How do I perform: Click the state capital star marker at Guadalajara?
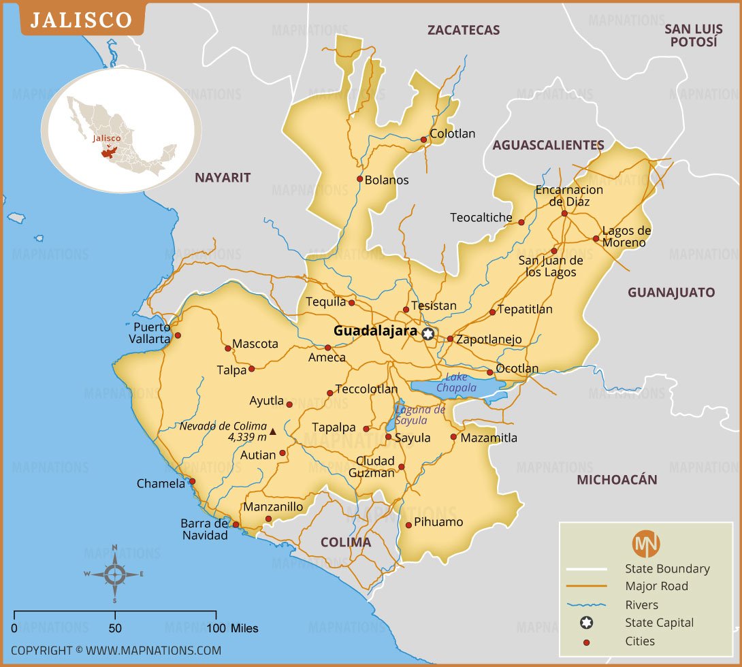[428, 333]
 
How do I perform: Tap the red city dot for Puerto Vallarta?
[178, 335]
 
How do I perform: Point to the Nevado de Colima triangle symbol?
[273, 431]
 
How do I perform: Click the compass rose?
[114, 574]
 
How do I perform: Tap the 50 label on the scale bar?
[115, 628]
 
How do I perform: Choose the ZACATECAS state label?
[463, 30]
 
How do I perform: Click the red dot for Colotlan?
[423, 140]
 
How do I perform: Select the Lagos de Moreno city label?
[626, 236]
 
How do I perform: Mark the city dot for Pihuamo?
[408, 525]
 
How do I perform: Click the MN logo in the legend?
[646, 544]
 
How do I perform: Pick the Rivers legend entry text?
[641, 604]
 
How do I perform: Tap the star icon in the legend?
[586, 623]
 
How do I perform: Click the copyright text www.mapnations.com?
[116, 650]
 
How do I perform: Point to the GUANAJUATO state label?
[671, 293]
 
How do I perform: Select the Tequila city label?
[325, 302]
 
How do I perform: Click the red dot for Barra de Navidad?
[236, 525]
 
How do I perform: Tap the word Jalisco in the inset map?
[107, 138]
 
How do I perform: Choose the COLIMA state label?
[345, 542]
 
